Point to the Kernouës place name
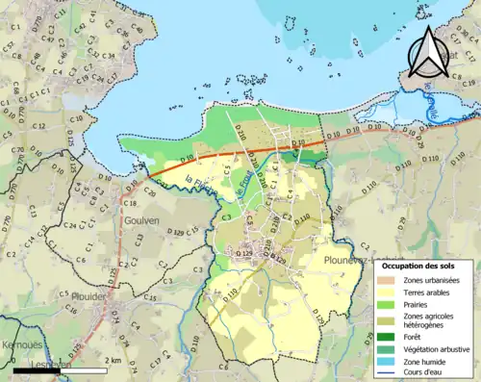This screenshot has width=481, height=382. click(x=21, y=344)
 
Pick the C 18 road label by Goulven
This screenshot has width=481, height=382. click(x=131, y=204)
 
